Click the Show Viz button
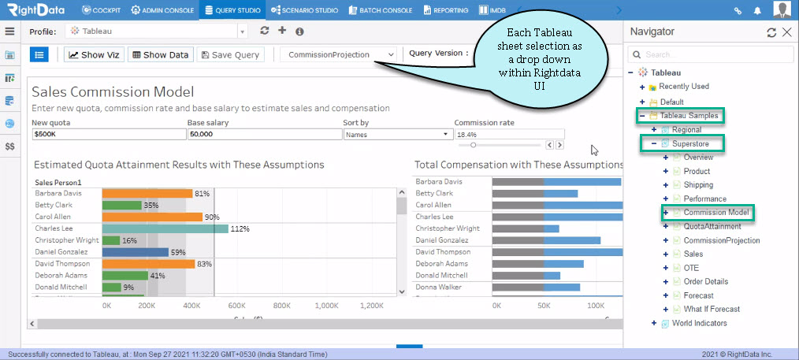click(x=95, y=55)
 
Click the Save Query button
click(x=231, y=55)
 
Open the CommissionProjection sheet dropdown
click(x=339, y=54)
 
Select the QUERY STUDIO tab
click(x=232, y=10)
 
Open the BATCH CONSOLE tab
click(x=381, y=10)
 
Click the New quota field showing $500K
click(x=109, y=134)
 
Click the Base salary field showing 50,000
click(x=265, y=134)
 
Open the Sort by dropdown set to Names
click(x=398, y=134)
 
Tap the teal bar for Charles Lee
click(x=165, y=228)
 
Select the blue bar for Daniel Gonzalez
click(x=136, y=252)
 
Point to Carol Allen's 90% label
click(x=212, y=217)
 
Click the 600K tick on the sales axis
click(x=237, y=306)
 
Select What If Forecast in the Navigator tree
click(x=712, y=309)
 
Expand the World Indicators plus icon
click(x=654, y=323)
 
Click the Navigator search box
click(x=711, y=54)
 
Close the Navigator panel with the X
click(x=787, y=32)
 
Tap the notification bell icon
click(x=758, y=10)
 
